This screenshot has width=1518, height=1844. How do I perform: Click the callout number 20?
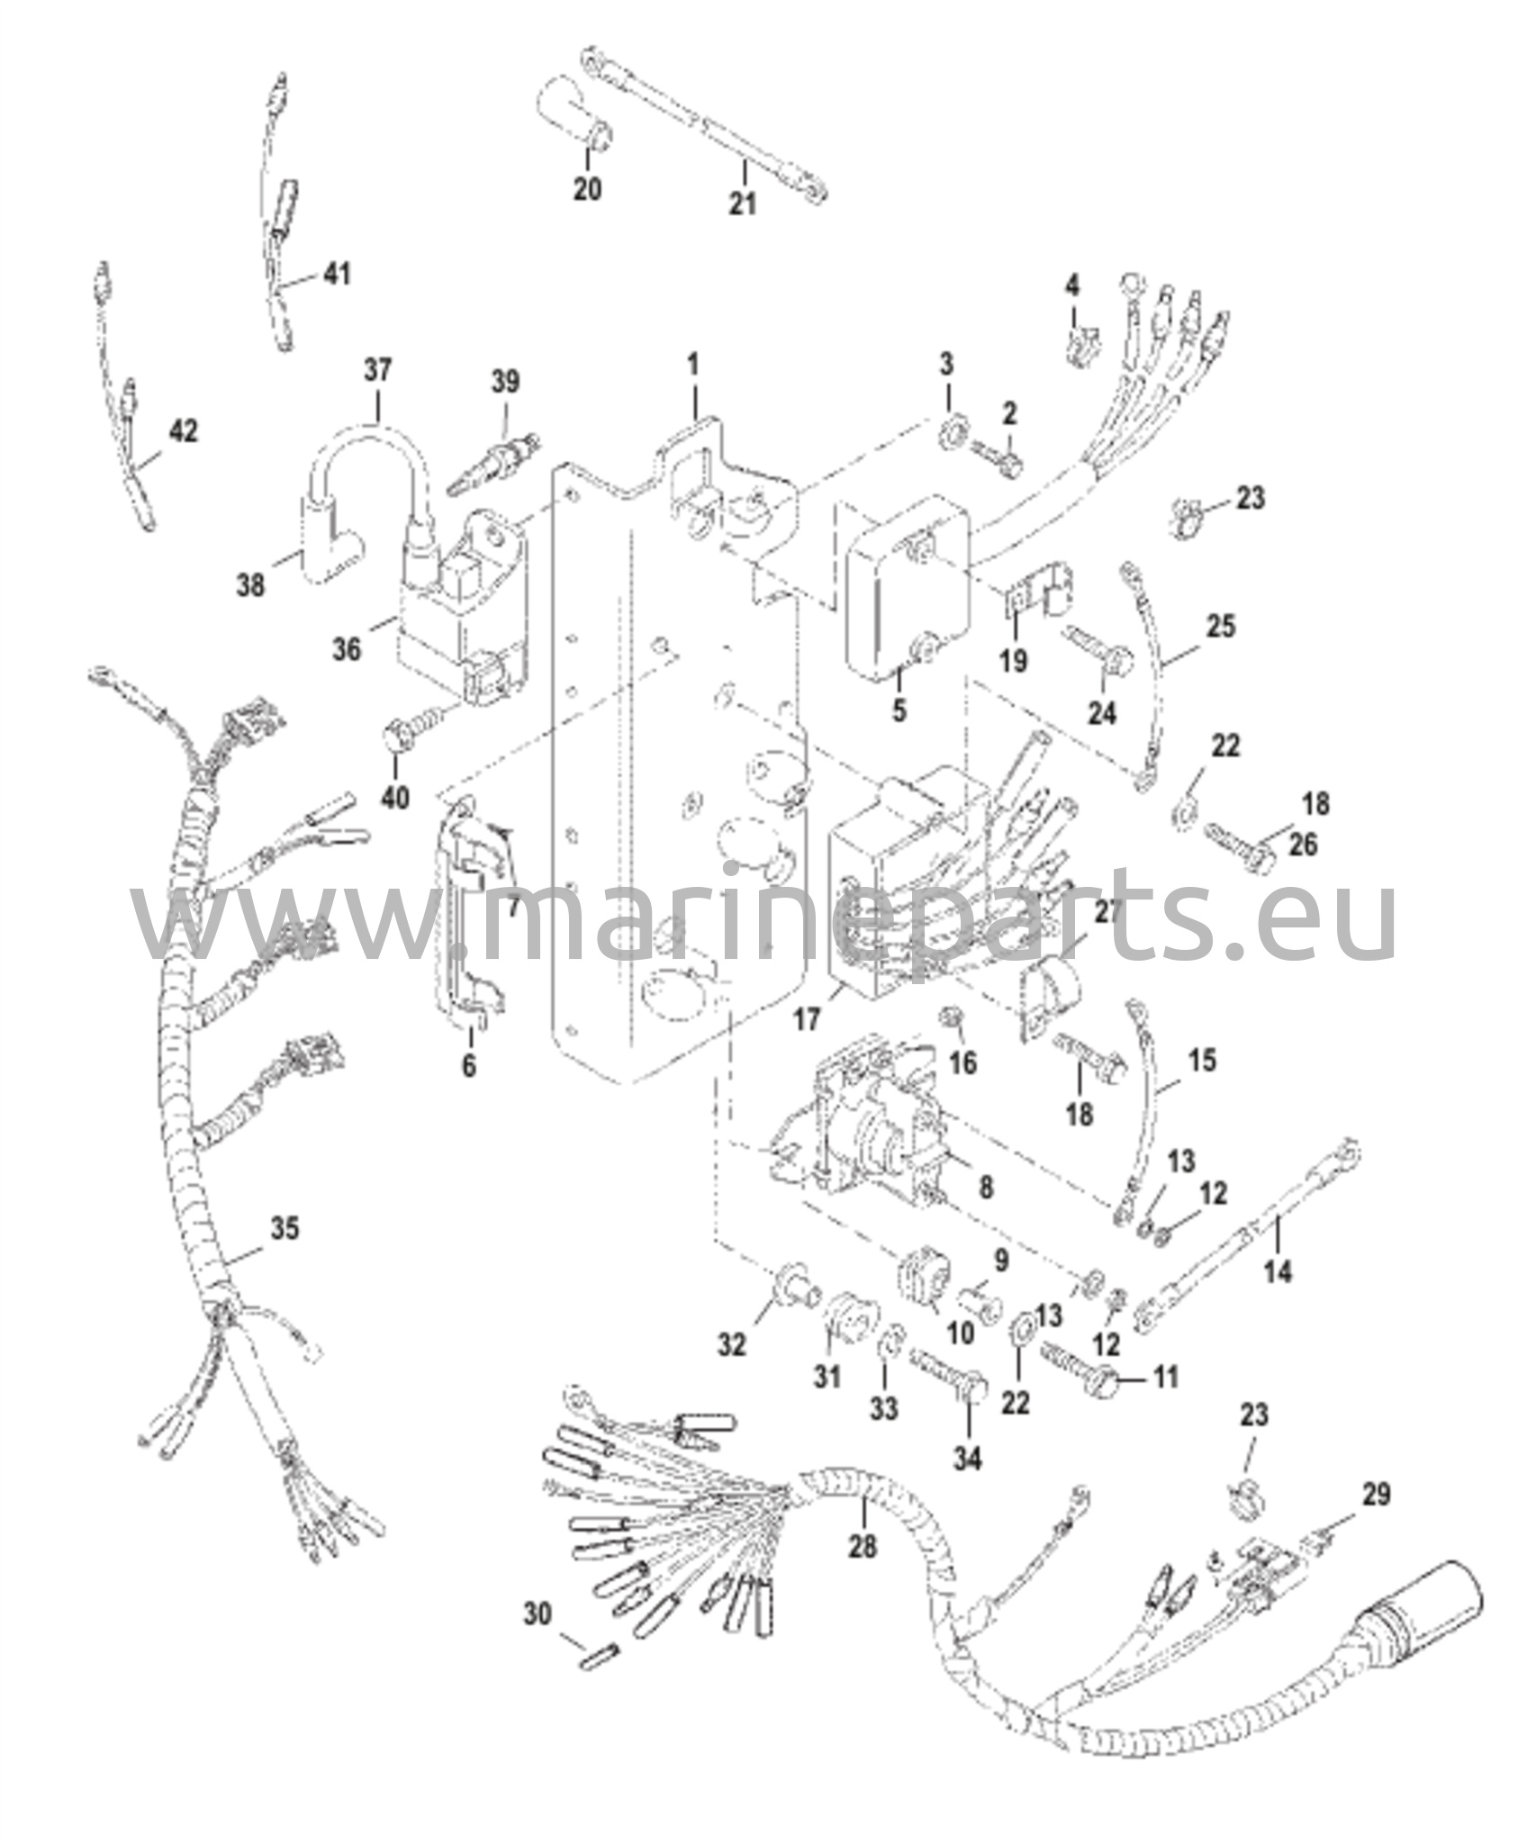point(588,190)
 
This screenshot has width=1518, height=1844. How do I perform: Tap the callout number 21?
point(742,203)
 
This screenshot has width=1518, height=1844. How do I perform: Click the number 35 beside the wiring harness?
point(285,1228)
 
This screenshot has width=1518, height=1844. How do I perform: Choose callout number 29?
point(1375,1495)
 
